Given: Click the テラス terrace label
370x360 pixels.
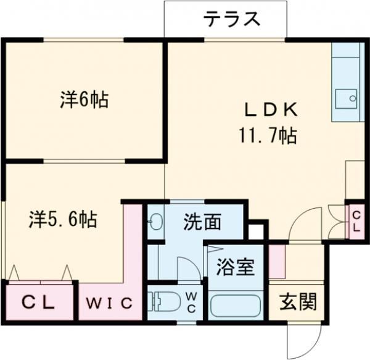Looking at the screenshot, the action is [x=232, y=19].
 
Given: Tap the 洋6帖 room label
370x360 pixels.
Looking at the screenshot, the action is [x=84, y=99].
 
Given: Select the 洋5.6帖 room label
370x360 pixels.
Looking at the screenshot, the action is [x=63, y=219].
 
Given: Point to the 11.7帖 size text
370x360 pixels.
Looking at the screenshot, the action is [x=268, y=135].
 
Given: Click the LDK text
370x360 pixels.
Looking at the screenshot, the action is [x=271, y=110].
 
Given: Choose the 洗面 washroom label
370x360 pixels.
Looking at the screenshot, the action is [x=202, y=222].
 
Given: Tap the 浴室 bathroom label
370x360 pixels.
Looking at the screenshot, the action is [x=236, y=267].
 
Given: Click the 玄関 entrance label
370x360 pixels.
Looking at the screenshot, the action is [x=298, y=301].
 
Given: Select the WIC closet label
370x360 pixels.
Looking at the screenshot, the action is [x=109, y=303].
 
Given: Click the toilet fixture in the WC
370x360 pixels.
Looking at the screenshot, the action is [x=164, y=301].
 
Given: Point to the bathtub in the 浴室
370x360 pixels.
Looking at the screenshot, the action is [x=236, y=306].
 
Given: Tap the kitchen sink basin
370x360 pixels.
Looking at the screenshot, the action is [x=346, y=99].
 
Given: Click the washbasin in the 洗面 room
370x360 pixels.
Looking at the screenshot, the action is [x=155, y=222].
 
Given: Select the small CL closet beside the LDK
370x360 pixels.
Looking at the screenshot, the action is [x=356, y=222].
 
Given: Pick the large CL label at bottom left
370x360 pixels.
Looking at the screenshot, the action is [x=38, y=303].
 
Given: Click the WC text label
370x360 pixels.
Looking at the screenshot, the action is [x=191, y=302].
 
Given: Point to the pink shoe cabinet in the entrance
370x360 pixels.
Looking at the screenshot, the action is [x=277, y=261].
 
